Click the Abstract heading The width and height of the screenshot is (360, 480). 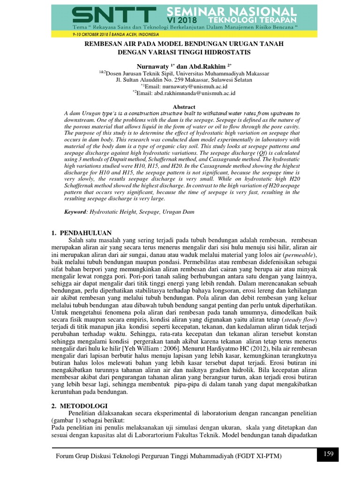coord(184,107)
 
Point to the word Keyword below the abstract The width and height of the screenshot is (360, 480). coord(75,212)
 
